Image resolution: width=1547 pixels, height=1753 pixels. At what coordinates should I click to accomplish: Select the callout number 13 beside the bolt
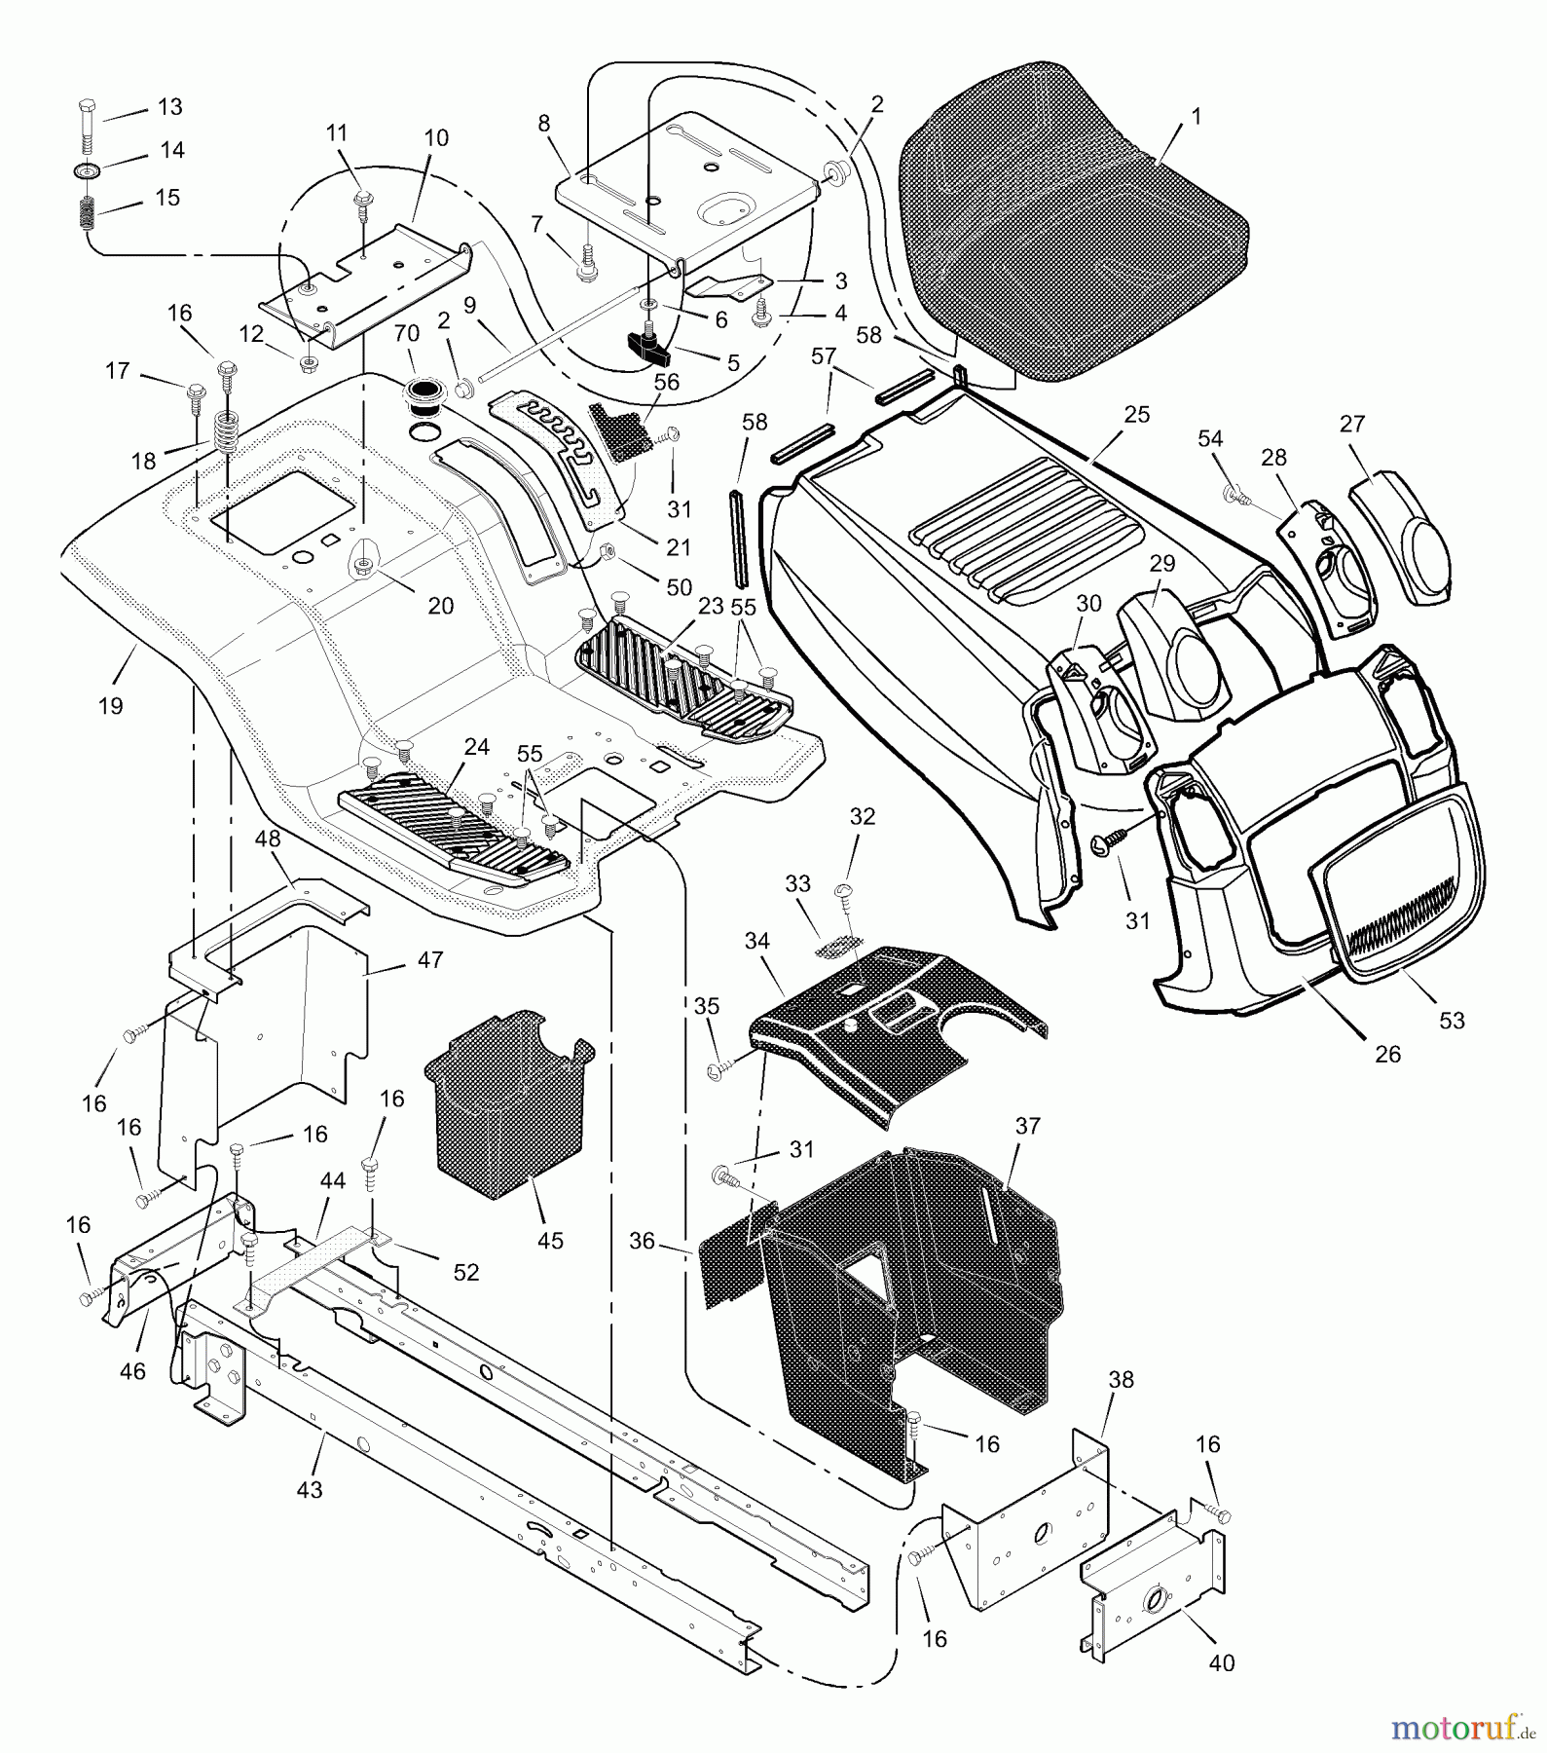tap(169, 106)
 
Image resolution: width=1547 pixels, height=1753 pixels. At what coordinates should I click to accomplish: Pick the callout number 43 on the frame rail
tap(309, 1489)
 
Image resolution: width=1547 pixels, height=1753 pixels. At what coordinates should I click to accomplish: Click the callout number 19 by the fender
tap(110, 705)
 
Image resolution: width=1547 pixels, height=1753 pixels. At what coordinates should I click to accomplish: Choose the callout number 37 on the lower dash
tap(1027, 1126)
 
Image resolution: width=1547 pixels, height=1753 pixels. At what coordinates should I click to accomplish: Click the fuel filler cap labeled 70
tap(427, 400)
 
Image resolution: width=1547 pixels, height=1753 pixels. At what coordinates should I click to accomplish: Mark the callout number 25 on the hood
tap(1136, 414)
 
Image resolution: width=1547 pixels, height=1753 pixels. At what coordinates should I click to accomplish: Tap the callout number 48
tap(268, 839)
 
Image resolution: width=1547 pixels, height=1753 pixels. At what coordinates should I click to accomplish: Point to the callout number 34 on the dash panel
tap(756, 941)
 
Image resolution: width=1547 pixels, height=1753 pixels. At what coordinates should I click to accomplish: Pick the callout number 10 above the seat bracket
tap(436, 137)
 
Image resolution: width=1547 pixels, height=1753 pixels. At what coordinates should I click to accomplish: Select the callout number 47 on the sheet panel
tap(429, 959)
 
